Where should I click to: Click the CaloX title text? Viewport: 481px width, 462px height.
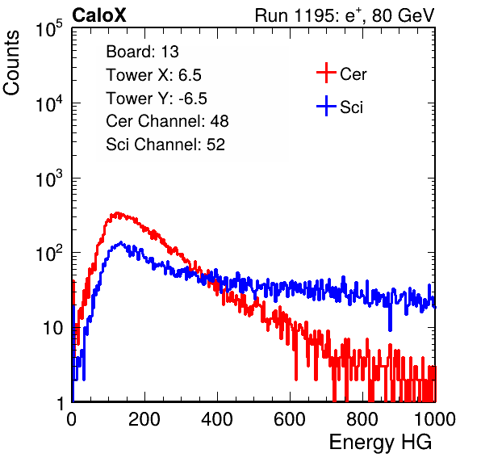98,15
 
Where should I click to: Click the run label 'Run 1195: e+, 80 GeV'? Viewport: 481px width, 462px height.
345,15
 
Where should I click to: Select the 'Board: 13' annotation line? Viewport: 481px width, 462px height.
142,52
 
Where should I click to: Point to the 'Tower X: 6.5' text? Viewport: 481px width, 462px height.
153,75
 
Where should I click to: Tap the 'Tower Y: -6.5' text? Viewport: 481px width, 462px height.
157,99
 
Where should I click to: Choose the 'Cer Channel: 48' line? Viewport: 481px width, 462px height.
167,121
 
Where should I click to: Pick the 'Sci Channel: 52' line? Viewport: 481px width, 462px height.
165,145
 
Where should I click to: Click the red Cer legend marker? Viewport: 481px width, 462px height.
326,73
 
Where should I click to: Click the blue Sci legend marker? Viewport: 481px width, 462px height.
326,106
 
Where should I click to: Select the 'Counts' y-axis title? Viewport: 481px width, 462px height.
11,63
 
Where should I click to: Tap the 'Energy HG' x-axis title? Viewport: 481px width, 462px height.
380,443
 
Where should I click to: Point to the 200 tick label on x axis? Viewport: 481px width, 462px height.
144,419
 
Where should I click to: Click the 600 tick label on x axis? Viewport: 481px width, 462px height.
290,419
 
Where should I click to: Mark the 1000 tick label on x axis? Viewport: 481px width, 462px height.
435,419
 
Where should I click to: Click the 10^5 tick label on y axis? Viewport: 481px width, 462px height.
49,28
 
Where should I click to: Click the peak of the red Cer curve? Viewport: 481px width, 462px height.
116,212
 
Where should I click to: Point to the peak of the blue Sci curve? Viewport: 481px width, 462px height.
121,242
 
